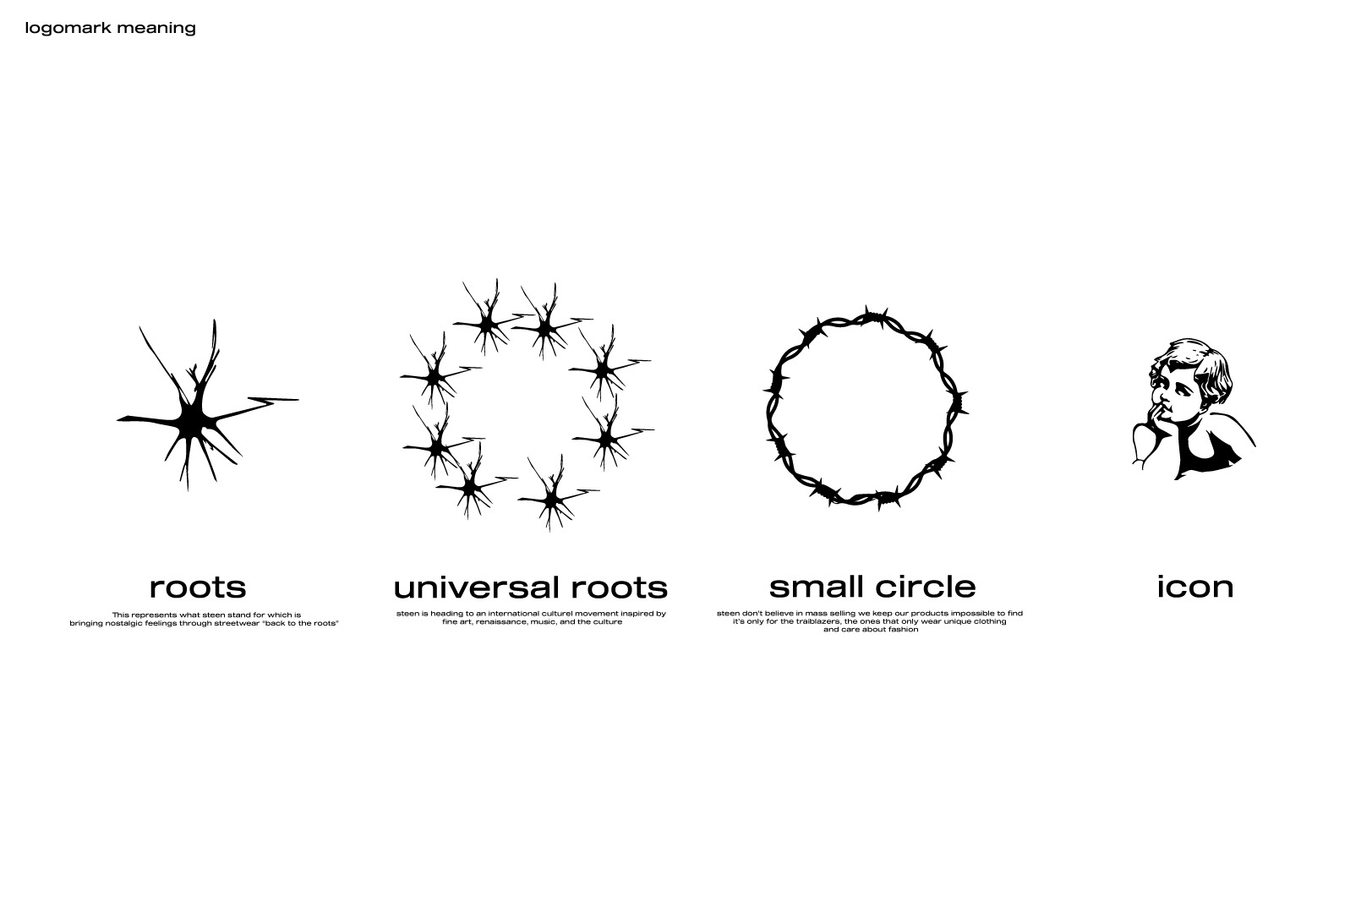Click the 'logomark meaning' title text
point(111,28)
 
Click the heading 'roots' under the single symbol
point(198,587)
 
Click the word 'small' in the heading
point(817,587)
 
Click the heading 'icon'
point(1195,587)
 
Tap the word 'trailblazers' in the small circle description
point(817,621)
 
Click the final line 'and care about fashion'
point(870,630)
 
